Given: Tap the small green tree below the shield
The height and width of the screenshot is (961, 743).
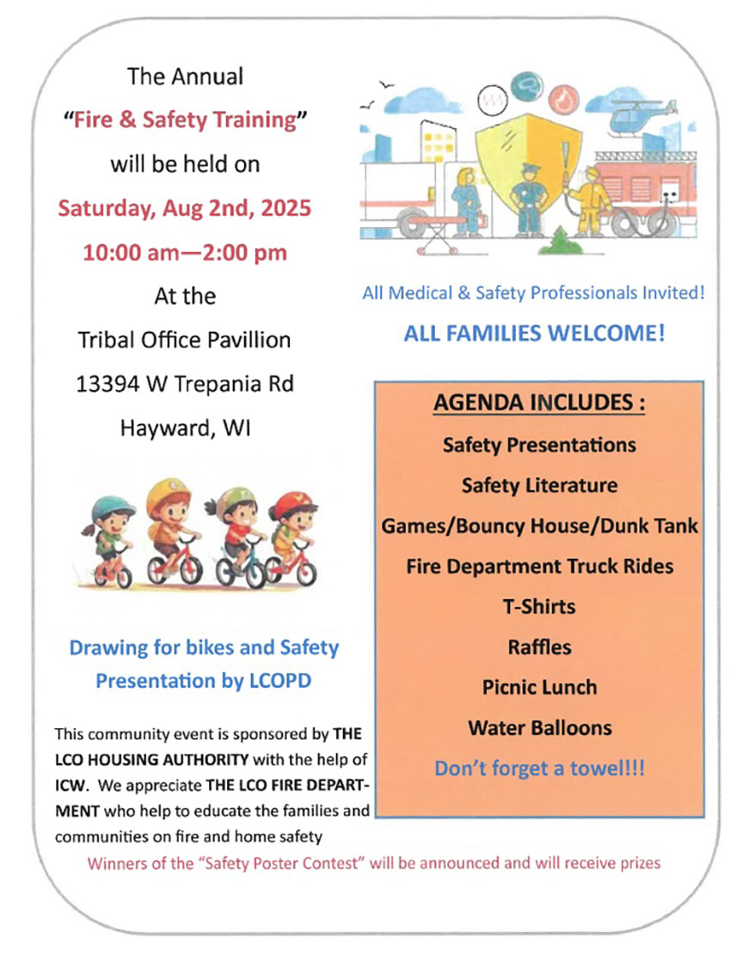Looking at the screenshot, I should pyautogui.click(x=560, y=242).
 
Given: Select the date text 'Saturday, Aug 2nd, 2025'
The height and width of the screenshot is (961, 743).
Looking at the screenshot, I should pyautogui.click(x=185, y=208).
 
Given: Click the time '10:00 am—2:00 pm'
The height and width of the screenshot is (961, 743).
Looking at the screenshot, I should pyautogui.click(x=185, y=253).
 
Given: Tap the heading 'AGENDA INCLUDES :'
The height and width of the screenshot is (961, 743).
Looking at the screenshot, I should pyautogui.click(x=539, y=403).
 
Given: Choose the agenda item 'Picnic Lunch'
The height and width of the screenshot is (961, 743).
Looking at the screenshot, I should pyautogui.click(x=539, y=687).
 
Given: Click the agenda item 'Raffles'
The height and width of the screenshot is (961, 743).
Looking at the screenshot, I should pyautogui.click(x=539, y=646).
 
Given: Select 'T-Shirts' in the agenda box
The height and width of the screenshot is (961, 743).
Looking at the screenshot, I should pyautogui.click(x=539, y=606).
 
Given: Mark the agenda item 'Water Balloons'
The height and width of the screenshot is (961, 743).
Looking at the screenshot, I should pyautogui.click(x=539, y=727).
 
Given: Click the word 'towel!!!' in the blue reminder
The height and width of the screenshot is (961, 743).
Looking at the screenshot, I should pyautogui.click(x=605, y=768).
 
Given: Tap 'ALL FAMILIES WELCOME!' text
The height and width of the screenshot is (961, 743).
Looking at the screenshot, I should pyautogui.click(x=534, y=333).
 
